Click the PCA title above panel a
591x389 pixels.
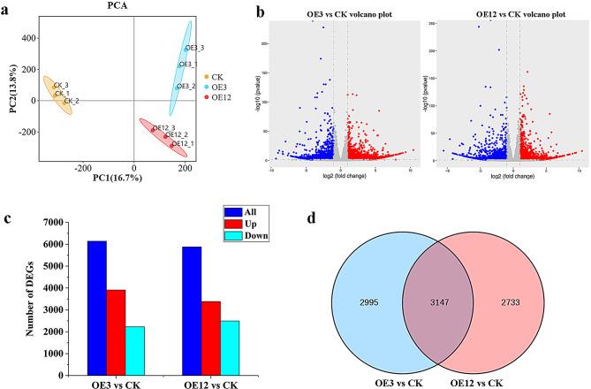[x=133, y=7]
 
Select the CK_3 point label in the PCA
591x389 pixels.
[x=61, y=86]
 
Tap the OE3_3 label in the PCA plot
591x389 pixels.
[x=194, y=48]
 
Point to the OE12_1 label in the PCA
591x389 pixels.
[x=183, y=143]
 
